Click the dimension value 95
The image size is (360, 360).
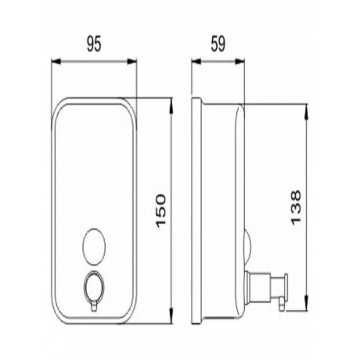(94, 44)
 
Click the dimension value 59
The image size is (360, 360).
(218, 44)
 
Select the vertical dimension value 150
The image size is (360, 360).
(160, 211)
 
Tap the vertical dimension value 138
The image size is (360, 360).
(296, 207)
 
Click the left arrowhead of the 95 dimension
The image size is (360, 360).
(56, 62)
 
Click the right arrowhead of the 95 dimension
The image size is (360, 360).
(131, 62)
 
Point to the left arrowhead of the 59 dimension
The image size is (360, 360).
(196, 62)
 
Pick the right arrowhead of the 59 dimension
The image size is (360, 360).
(240, 62)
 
